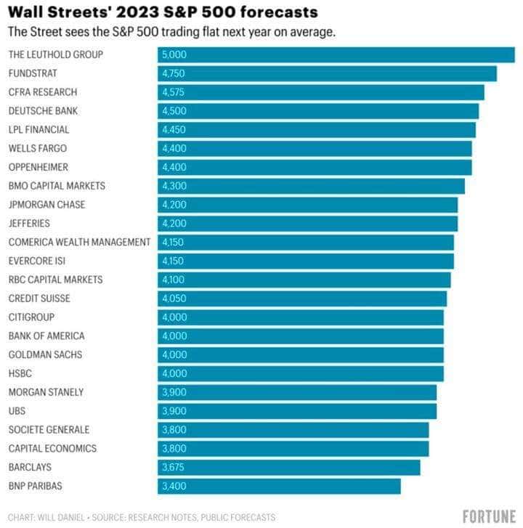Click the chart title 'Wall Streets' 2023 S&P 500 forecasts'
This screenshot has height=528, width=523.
click(163, 12)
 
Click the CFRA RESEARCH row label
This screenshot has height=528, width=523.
click(42, 92)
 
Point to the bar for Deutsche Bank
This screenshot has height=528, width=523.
click(318, 111)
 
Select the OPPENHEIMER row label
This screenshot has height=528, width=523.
click(36, 167)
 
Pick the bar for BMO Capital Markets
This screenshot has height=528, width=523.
click(311, 186)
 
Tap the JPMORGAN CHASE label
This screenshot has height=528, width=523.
click(46, 205)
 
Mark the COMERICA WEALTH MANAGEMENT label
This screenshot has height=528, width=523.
click(79, 242)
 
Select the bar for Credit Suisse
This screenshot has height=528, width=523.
click(302, 298)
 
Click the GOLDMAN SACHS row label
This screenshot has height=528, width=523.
click(45, 354)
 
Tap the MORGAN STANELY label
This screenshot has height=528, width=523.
click(46, 392)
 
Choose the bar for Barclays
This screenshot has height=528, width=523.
click(288, 467)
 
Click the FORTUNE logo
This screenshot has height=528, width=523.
click(488, 516)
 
